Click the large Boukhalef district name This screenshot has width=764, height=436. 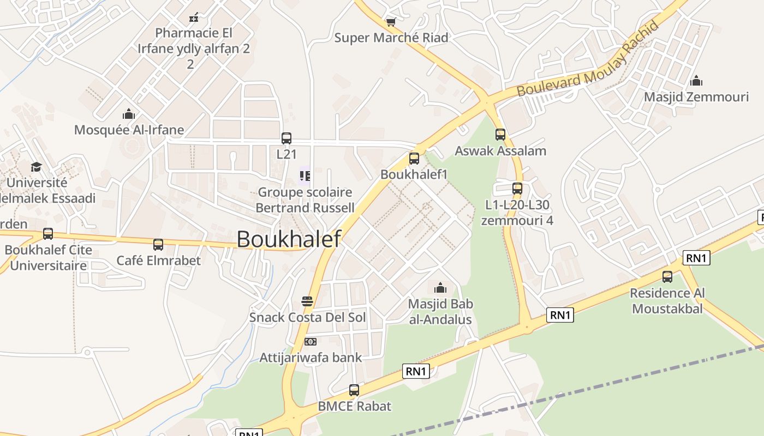click(289, 239)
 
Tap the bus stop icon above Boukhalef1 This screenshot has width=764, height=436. click(414, 159)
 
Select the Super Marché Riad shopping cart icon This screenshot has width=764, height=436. click(391, 22)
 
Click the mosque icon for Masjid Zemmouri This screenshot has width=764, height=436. click(696, 81)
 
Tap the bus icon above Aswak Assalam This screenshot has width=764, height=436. click(500, 134)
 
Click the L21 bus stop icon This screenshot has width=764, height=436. click(286, 138)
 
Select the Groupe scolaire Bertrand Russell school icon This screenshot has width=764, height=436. click(305, 176)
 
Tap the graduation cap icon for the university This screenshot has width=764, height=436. click(36, 166)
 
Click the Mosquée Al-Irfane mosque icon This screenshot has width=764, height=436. click(129, 114)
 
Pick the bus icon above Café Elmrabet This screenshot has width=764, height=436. click(158, 244)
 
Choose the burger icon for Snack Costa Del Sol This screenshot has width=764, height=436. click(307, 301)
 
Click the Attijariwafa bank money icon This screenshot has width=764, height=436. click(311, 342)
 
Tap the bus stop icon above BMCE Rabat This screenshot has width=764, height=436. click(354, 390)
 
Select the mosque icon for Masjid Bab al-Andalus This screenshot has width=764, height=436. click(440, 288)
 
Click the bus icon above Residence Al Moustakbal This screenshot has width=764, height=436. click(667, 276)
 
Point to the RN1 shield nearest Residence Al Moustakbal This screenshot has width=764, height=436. click(696, 258)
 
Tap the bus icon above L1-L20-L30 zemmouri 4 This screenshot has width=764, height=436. click(517, 189)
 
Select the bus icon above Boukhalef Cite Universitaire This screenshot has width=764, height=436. click(48, 234)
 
